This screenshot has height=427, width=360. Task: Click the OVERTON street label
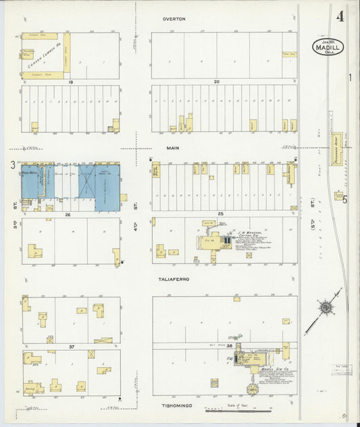(174, 20)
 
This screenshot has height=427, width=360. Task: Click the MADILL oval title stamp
(328, 47)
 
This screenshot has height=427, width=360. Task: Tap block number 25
(220, 214)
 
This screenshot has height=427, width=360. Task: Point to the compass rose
(326, 308)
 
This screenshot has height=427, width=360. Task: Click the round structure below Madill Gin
(253, 390)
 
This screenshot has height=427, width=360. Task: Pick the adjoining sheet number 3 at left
(12, 164)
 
